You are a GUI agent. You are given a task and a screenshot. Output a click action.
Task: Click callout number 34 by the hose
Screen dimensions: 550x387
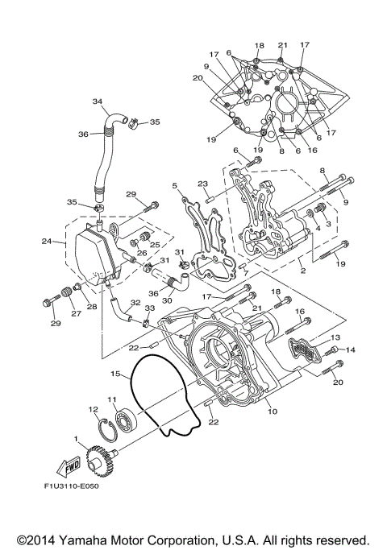(x=98, y=102)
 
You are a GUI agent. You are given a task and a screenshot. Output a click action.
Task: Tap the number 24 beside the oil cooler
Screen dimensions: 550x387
(x=47, y=240)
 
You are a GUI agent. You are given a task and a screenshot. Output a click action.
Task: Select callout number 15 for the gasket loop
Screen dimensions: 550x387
(x=116, y=373)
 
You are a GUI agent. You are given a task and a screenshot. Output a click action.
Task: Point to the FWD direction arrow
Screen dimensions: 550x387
(x=70, y=465)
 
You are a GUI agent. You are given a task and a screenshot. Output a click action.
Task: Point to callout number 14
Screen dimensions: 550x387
(x=351, y=350)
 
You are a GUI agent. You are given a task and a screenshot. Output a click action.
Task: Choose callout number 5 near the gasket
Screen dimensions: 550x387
(x=175, y=185)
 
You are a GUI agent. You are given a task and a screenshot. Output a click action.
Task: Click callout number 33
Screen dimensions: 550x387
(x=148, y=308)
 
